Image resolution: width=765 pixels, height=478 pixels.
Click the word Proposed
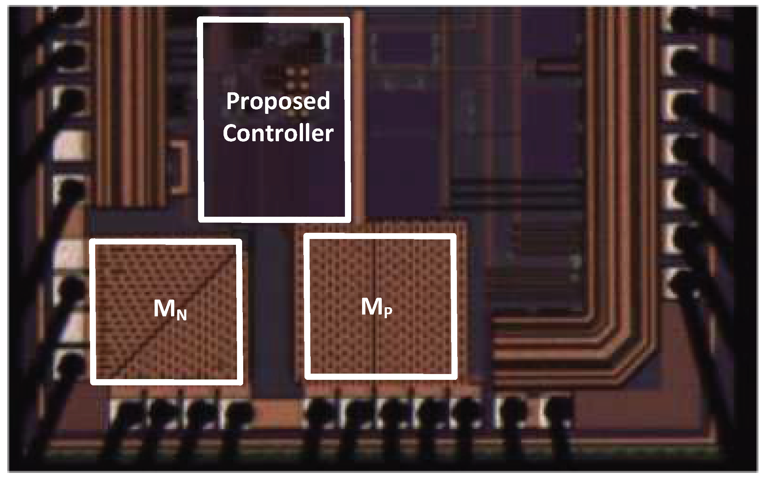(x=278, y=101)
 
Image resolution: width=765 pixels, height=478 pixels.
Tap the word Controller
(x=278, y=134)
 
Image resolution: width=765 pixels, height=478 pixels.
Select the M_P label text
(x=376, y=307)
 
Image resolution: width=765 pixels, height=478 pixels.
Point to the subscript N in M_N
(x=182, y=315)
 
